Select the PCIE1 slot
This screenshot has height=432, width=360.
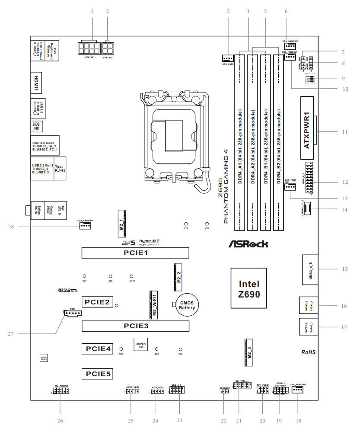(136, 253)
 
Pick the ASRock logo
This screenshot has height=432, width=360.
(248, 243)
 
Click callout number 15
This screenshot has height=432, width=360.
(344, 269)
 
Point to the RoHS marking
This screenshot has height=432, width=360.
(308, 352)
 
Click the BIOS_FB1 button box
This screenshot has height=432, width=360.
(37, 126)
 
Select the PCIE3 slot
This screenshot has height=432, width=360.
(136, 326)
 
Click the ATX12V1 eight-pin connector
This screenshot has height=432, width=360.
(90, 47)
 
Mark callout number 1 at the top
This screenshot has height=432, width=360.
(92, 12)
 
